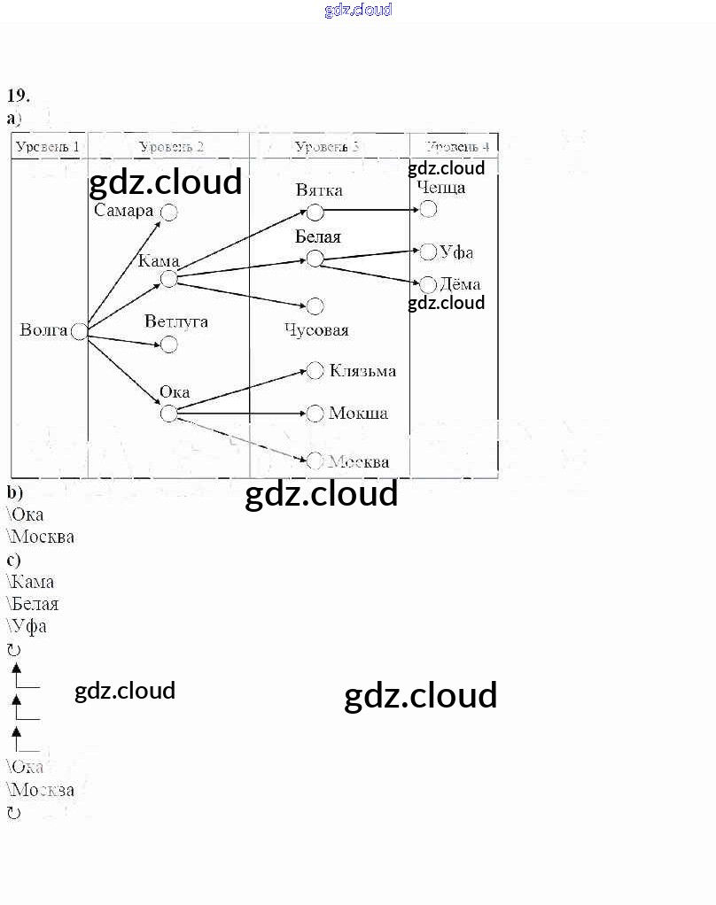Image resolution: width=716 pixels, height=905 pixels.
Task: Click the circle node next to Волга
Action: click(79, 331)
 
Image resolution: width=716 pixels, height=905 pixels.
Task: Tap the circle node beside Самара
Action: click(168, 213)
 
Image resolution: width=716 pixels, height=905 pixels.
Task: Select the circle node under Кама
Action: click(168, 279)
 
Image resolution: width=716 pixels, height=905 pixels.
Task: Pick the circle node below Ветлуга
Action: click(168, 344)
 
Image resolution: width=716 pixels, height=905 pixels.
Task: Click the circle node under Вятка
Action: click(315, 212)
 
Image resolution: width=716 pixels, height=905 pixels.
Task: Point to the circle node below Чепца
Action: click(428, 209)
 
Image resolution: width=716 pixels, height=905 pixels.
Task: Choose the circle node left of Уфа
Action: click(428, 252)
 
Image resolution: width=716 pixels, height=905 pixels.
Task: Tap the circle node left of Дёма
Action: click(428, 284)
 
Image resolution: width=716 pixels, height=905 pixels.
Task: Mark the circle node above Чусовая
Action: click(315, 306)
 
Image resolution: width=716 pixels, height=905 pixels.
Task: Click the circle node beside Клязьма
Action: click(315, 371)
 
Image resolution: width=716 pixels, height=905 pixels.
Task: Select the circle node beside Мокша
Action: click(315, 413)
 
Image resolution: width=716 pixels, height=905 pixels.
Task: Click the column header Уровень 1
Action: click(48, 146)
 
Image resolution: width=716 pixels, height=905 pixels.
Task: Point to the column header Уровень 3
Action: click(327, 146)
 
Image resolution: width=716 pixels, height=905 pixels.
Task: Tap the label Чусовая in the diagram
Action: click(316, 330)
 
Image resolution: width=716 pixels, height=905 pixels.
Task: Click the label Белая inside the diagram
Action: click(318, 237)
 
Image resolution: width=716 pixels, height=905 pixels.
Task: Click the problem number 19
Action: click(19, 96)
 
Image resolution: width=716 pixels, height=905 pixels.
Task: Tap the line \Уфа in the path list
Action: click(27, 626)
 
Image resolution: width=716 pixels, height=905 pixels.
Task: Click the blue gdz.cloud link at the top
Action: click(358, 11)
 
